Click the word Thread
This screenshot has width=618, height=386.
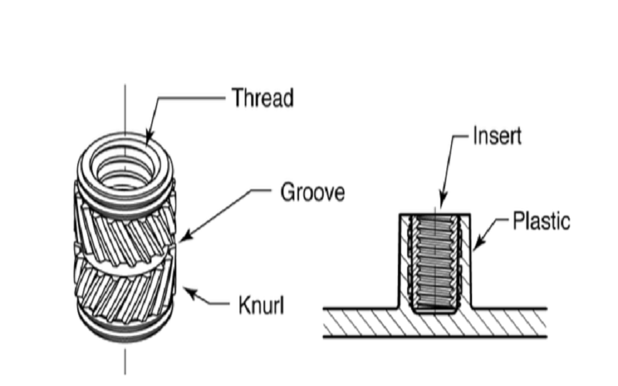pos(263,98)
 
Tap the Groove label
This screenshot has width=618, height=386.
pos(311,191)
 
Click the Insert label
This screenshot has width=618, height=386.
pos(497,137)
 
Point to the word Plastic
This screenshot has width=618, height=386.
pos(542,222)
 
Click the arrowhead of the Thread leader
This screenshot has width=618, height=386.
pos(148,140)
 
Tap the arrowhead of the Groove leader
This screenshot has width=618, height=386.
pos(178,240)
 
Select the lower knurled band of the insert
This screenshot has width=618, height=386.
pos(124,289)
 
